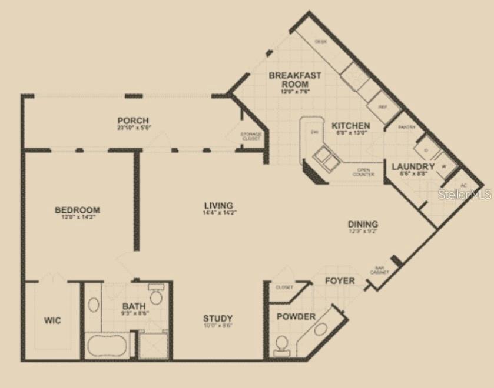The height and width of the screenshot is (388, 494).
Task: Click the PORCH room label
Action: click(x=132, y=121)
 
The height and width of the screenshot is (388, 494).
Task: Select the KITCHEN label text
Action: click(x=351, y=126)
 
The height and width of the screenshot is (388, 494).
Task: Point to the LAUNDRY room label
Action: click(x=413, y=167)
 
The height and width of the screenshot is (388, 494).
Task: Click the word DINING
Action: click(x=363, y=224)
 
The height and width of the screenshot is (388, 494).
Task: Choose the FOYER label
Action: click(x=340, y=280)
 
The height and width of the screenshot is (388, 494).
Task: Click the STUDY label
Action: click(x=218, y=318)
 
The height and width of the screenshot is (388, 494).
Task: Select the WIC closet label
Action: click(x=52, y=320)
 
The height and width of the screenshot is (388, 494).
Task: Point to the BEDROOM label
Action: click(x=77, y=210)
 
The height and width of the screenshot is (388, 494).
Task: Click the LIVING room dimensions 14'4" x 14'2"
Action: click(x=219, y=213)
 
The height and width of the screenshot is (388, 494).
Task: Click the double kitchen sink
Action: click(x=325, y=158)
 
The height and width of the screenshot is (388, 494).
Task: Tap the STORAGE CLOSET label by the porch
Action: click(x=251, y=137)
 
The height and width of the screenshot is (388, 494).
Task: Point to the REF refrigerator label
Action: click(x=382, y=107)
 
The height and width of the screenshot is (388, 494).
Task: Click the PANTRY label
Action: click(x=407, y=128)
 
